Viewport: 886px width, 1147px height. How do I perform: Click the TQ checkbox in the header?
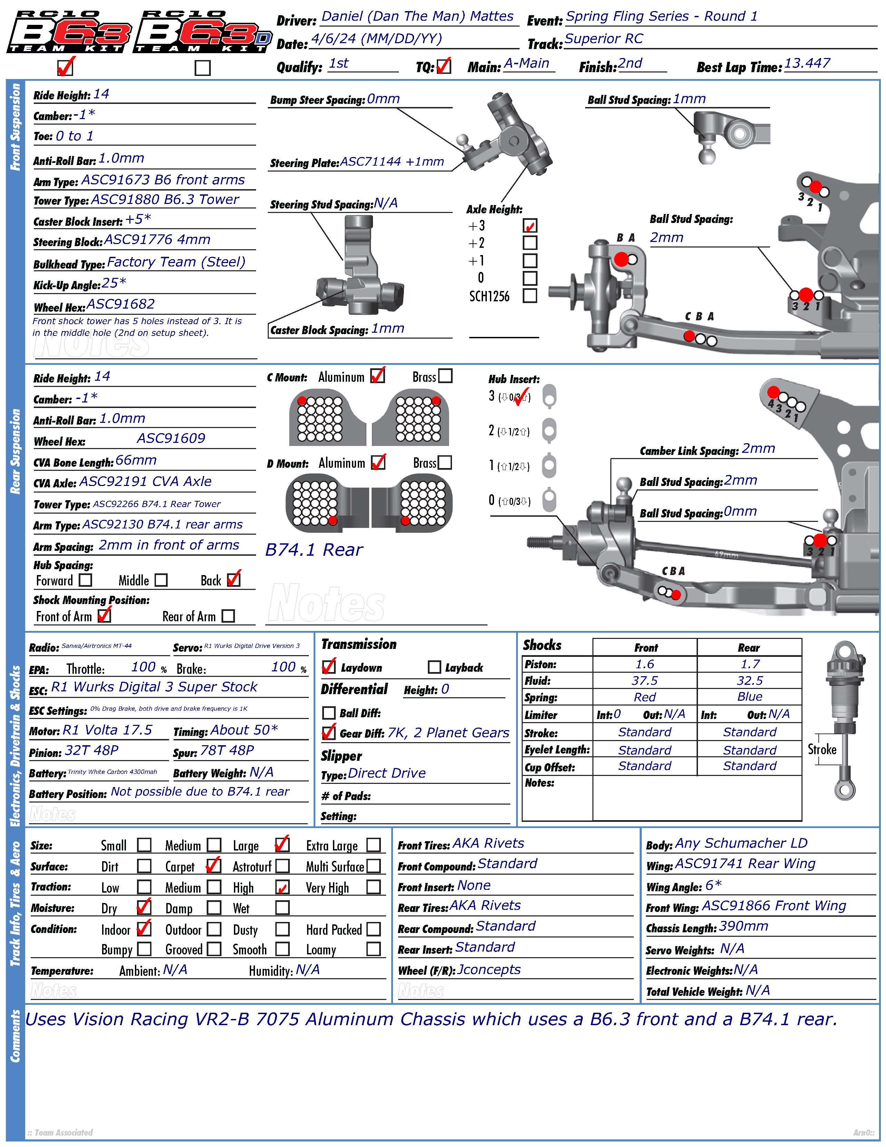point(444,66)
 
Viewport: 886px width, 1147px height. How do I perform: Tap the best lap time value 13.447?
point(807,64)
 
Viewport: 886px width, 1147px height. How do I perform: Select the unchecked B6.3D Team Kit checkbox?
point(203,68)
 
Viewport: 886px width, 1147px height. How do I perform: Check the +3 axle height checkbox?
point(530,226)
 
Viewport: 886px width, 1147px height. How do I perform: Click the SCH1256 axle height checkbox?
point(530,296)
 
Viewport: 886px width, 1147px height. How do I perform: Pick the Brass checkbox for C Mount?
point(445,376)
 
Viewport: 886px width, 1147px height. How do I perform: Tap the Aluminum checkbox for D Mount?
point(378,462)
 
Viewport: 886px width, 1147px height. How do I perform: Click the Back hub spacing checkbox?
point(234,579)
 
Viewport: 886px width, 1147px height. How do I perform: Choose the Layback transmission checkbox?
point(434,667)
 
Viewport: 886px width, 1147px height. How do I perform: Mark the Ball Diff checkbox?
point(328,713)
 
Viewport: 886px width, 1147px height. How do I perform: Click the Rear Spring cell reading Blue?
point(749,697)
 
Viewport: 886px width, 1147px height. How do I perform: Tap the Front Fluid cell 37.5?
point(644,681)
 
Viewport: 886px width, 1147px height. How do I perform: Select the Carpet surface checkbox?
point(214,865)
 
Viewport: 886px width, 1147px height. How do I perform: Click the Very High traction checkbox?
point(373,887)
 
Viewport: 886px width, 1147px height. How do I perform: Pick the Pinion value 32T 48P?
point(91,750)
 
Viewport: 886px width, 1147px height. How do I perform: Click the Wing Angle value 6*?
point(713,885)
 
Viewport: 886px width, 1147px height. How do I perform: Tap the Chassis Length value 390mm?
point(743,926)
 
